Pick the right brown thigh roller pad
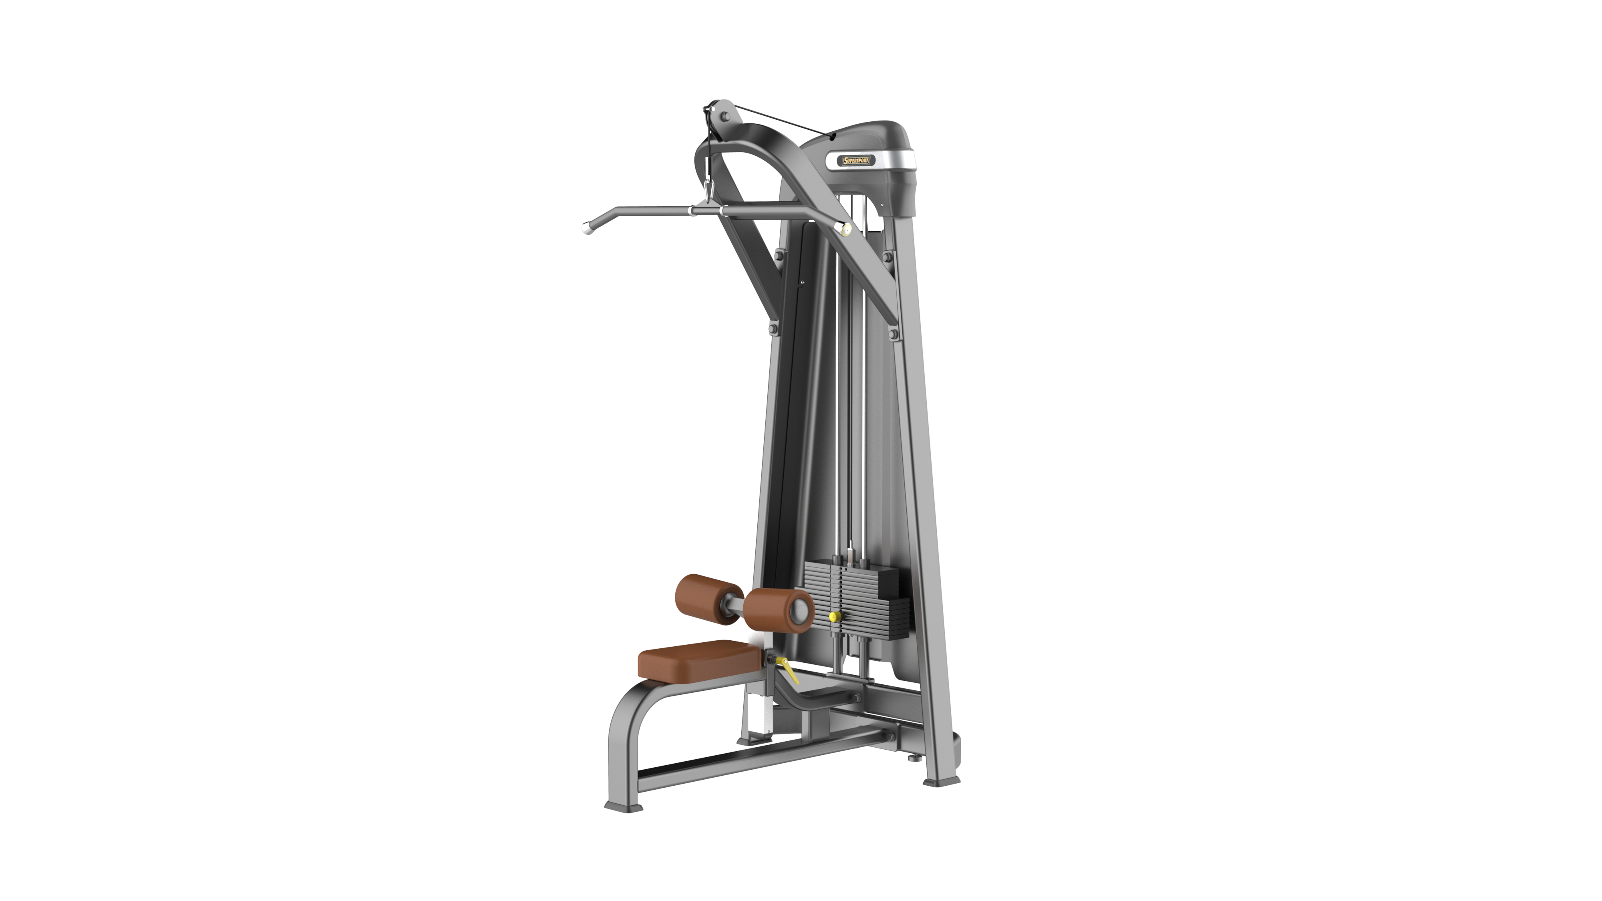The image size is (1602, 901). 779,611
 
